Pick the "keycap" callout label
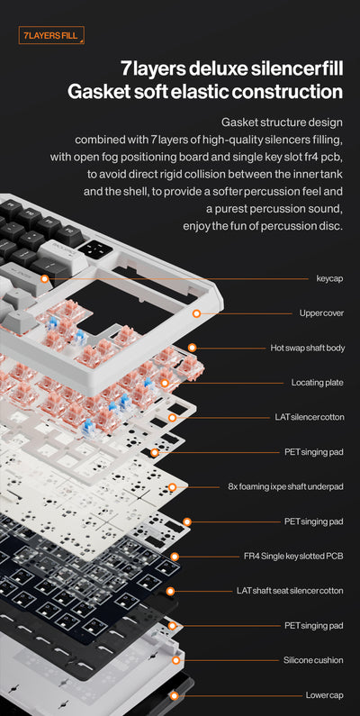[x=329, y=278]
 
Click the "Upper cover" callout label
[x=321, y=313]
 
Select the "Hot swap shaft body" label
[x=307, y=348]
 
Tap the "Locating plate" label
[x=317, y=383]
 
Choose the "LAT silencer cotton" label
[x=309, y=417]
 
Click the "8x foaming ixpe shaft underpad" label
[x=285, y=486]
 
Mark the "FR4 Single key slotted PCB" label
[x=293, y=556]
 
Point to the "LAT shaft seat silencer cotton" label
[x=290, y=591]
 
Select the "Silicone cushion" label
[x=313, y=660]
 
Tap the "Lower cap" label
[x=324, y=695]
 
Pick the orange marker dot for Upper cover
[x=196, y=313]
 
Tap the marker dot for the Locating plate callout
[x=164, y=383]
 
